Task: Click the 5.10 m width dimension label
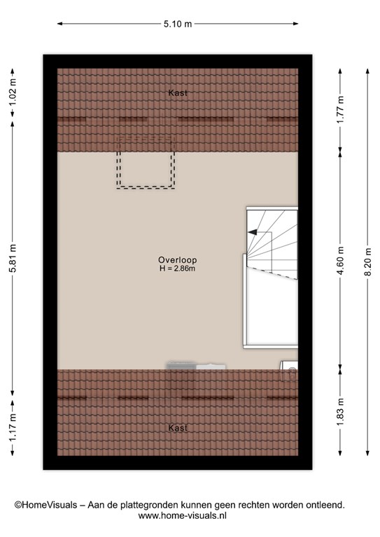click(x=178, y=24)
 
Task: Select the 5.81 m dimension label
click(x=13, y=258)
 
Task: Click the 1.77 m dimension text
click(x=340, y=110)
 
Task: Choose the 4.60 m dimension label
click(x=340, y=261)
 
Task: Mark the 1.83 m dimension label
click(x=340, y=413)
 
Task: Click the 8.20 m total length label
click(x=367, y=262)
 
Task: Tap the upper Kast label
click(x=178, y=93)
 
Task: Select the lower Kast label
click(x=178, y=428)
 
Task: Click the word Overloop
click(x=178, y=260)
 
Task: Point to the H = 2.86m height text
click(x=178, y=268)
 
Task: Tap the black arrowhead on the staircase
click(x=252, y=232)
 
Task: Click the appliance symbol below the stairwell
click(x=289, y=371)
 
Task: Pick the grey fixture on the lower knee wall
click(x=196, y=366)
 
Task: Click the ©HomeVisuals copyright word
click(x=46, y=505)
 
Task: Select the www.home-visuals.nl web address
click(x=182, y=515)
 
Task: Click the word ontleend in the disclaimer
click(x=325, y=505)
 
